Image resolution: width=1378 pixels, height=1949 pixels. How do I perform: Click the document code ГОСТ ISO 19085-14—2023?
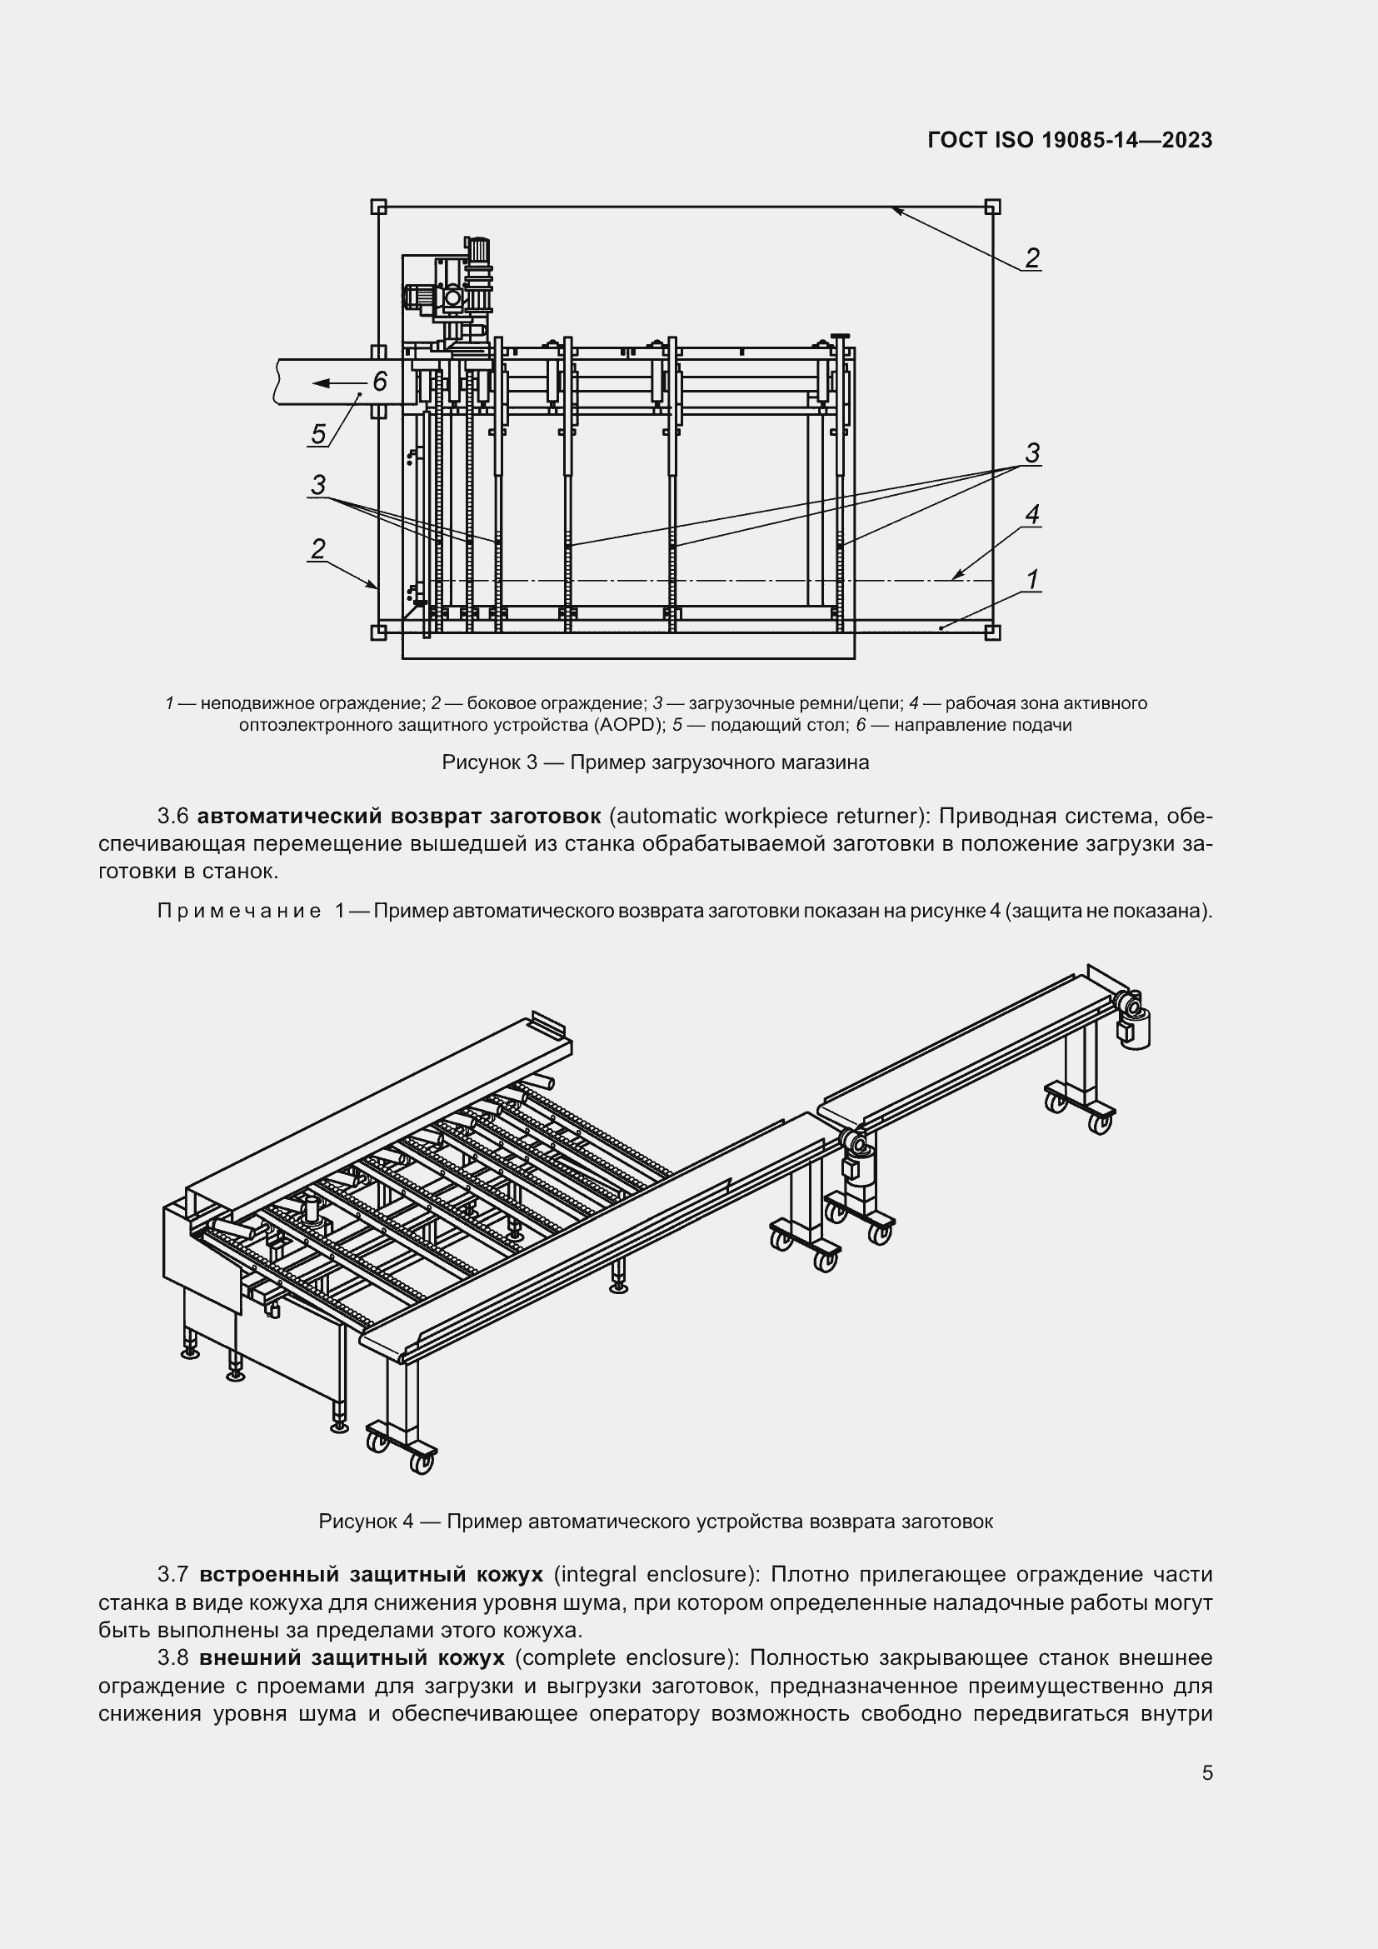click(1069, 140)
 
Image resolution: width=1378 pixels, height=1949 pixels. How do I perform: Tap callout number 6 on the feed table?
click(379, 381)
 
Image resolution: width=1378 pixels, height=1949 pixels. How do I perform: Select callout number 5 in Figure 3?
click(318, 434)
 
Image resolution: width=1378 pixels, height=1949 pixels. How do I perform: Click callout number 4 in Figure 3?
click(1031, 514)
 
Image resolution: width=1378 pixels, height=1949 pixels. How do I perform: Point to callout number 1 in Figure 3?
click(1031, 580)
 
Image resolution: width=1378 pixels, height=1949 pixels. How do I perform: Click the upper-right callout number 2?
click(1031, 257)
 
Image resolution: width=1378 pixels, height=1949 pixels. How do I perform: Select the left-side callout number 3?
click(318, 485)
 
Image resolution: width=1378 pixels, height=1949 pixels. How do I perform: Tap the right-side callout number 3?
click(1031, 452)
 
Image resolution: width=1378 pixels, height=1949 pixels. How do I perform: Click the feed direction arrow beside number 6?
click(336, 383)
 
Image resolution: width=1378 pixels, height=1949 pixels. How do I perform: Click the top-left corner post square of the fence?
click(378, 207)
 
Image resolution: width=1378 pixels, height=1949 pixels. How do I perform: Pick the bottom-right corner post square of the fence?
click(992, 632)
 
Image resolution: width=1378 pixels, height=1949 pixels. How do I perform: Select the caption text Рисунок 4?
click(366, 1522)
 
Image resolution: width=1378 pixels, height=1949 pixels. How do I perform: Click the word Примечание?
click(238, 912)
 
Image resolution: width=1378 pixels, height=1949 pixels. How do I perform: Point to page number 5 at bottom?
click(1206, 1773)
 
